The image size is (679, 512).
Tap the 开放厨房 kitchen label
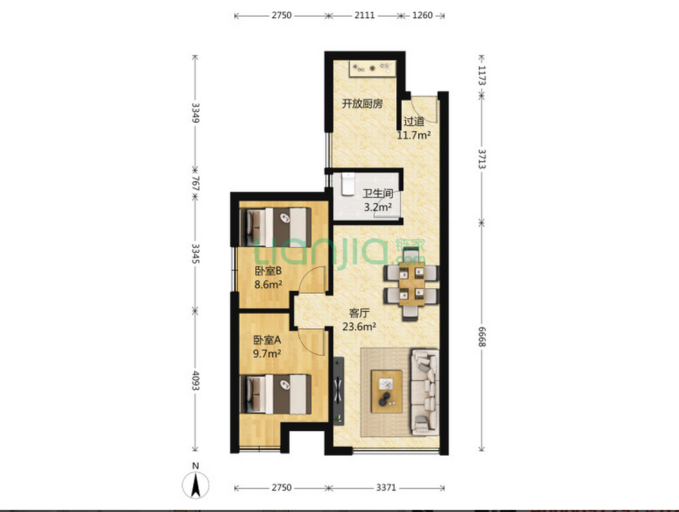pos(362,103)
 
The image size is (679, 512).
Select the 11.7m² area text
pos(414,135)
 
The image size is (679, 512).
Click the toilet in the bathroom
pos(348,185)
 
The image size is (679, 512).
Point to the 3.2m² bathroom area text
pos(378,207)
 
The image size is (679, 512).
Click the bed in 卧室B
pos(276,227)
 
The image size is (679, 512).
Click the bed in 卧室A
pos(276,394)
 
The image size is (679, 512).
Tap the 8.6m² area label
pos(268,285)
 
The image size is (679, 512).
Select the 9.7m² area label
pos(267,354)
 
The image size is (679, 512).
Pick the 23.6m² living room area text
pos(359,327)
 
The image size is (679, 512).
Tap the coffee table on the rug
pos(387,392)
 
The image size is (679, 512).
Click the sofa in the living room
pos(425,391)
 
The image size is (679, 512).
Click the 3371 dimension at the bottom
pos(386,488)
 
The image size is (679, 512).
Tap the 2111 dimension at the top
pos(364,15)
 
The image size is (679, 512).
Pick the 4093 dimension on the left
pos(195,381)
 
